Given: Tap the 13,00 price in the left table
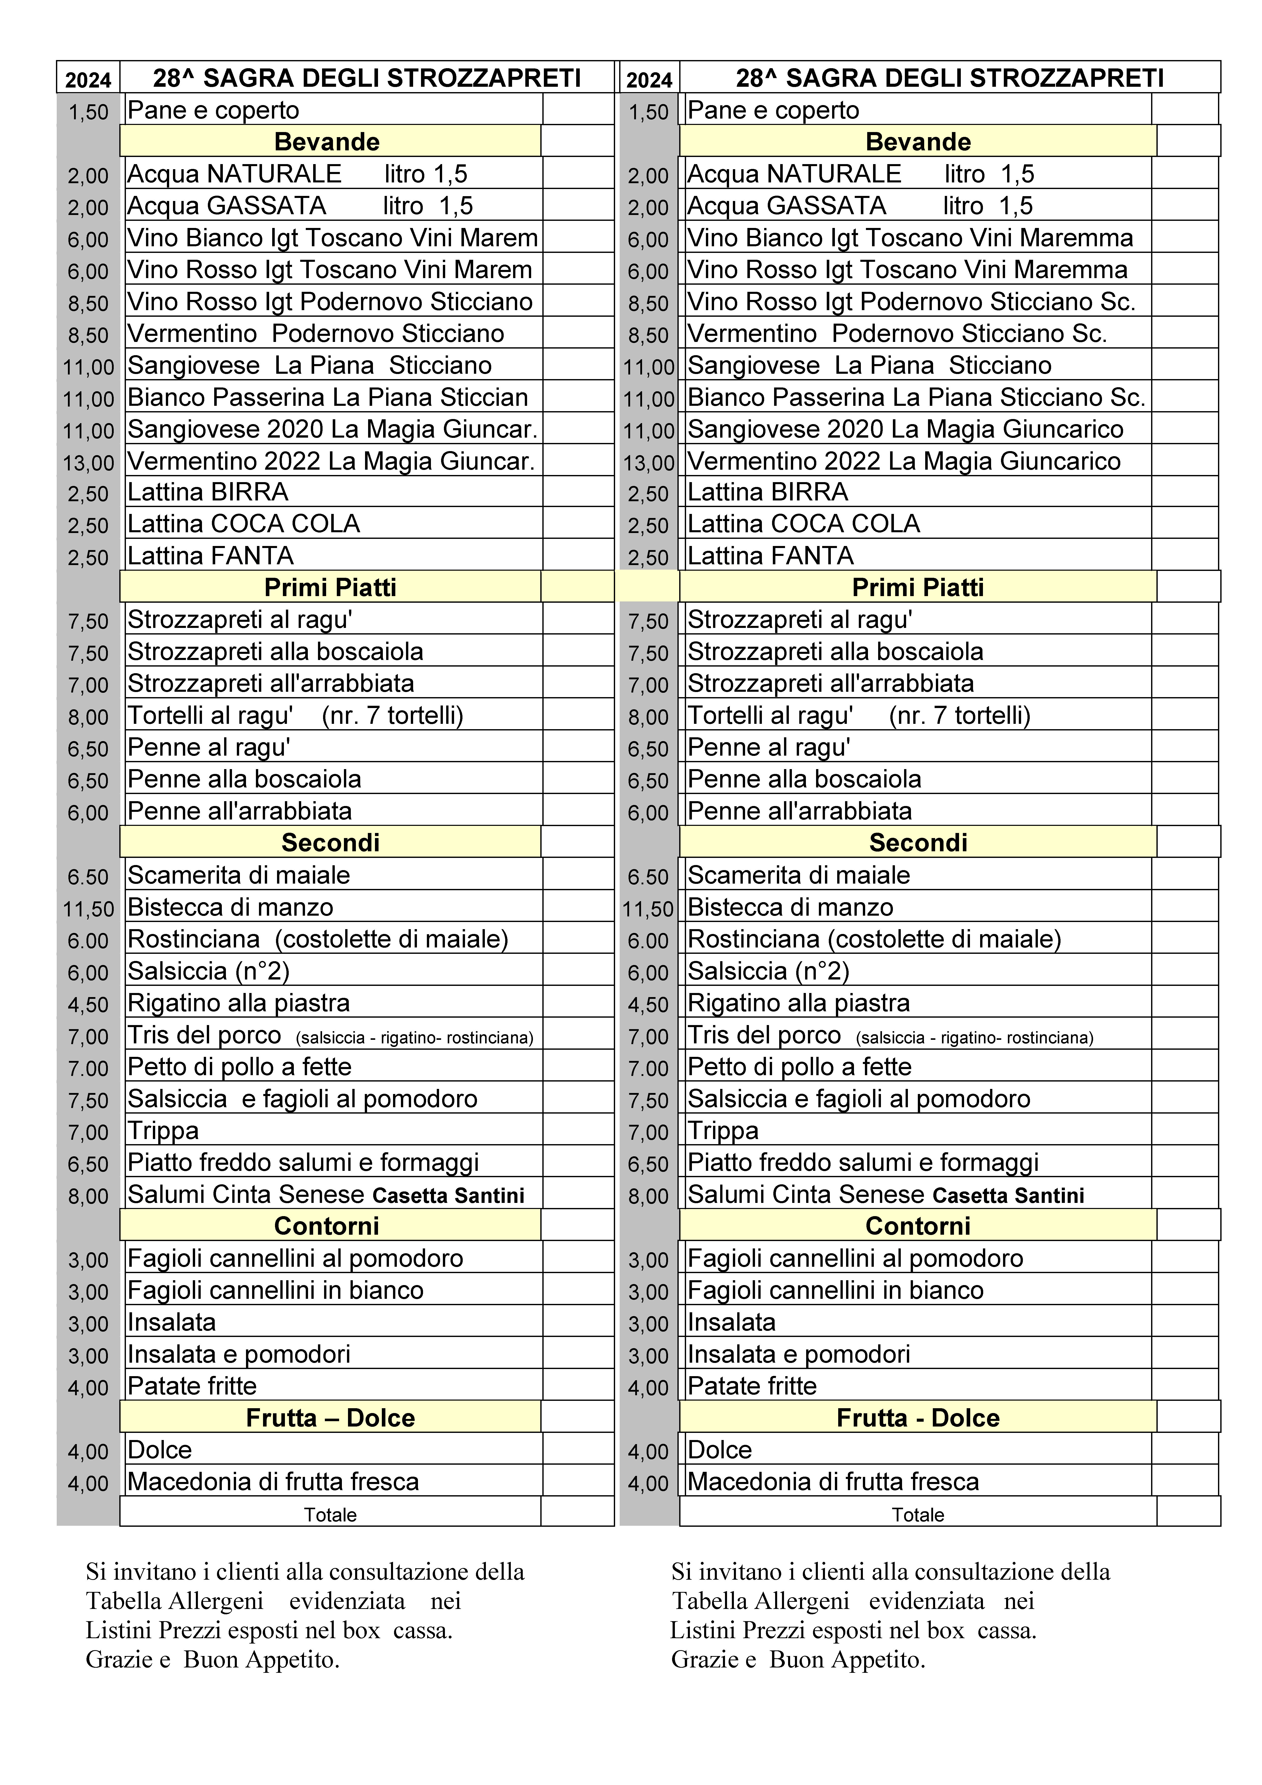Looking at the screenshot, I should (x=88, y=463).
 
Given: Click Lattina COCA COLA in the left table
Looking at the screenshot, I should (x=243, y=523).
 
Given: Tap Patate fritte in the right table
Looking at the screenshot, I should (x=752, y=1385).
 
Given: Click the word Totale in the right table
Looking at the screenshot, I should (x=918, y=1515).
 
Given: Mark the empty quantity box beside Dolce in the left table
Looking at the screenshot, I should (x=578, y=1449).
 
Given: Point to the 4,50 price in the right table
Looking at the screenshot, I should (x=648, y=1004).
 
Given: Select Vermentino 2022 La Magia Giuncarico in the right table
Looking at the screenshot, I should (x=904, y=461).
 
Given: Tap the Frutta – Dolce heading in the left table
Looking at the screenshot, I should (x=330, y=1417).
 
